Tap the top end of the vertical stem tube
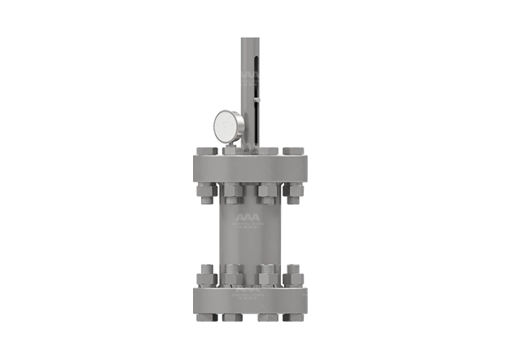[248, 37]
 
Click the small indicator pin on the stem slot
[257, 100]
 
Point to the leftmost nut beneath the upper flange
[205, 192]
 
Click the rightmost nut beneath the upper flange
[291, 192]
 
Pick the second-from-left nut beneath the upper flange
[231, 193]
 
